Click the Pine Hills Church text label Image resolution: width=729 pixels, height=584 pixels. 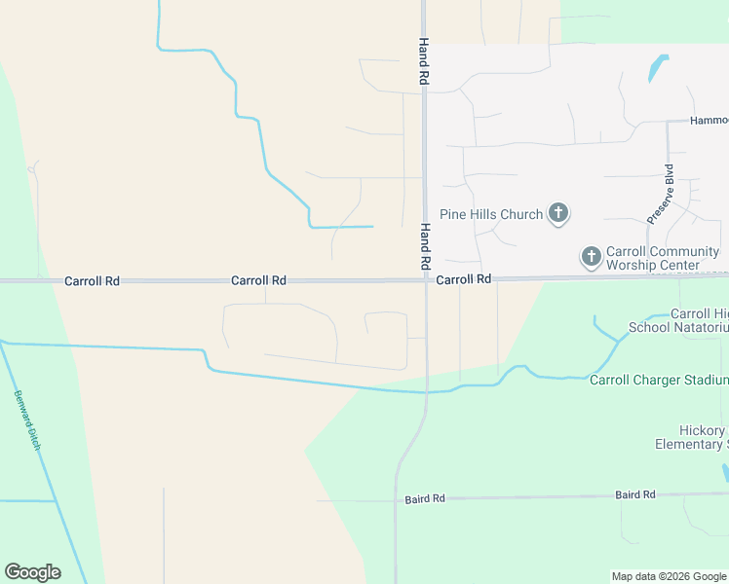(x=490, y=214)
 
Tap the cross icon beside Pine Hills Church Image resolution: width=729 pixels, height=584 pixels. (x=558, y=213)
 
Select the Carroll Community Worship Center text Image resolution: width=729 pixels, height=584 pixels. (x=663, y=258)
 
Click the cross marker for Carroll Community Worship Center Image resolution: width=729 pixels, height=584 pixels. (x=591, y=257)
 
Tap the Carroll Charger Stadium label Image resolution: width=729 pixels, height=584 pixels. (x=659, y=380)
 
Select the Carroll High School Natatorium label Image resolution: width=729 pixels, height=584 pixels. (x=678, y=320)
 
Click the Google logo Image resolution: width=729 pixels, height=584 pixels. (x=32, y=572)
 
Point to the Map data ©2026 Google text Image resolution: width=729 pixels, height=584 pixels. (x=670, y=576)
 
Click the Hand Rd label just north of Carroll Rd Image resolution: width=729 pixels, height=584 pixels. (x=425, y=246)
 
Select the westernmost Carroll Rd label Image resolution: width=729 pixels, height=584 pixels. (x=92, y=280)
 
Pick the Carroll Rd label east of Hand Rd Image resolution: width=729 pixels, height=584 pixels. (x=464, y=279)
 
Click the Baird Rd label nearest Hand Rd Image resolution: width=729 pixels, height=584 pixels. (x=425, y=498)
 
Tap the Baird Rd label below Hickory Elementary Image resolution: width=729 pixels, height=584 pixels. (x=635, y=495)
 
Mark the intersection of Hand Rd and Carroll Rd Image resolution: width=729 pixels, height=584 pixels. (x=426, y=279)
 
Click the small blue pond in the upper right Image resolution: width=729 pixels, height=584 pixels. (x=658, y=68)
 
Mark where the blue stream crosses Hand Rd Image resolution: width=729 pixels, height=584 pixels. (x=426, y=392)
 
